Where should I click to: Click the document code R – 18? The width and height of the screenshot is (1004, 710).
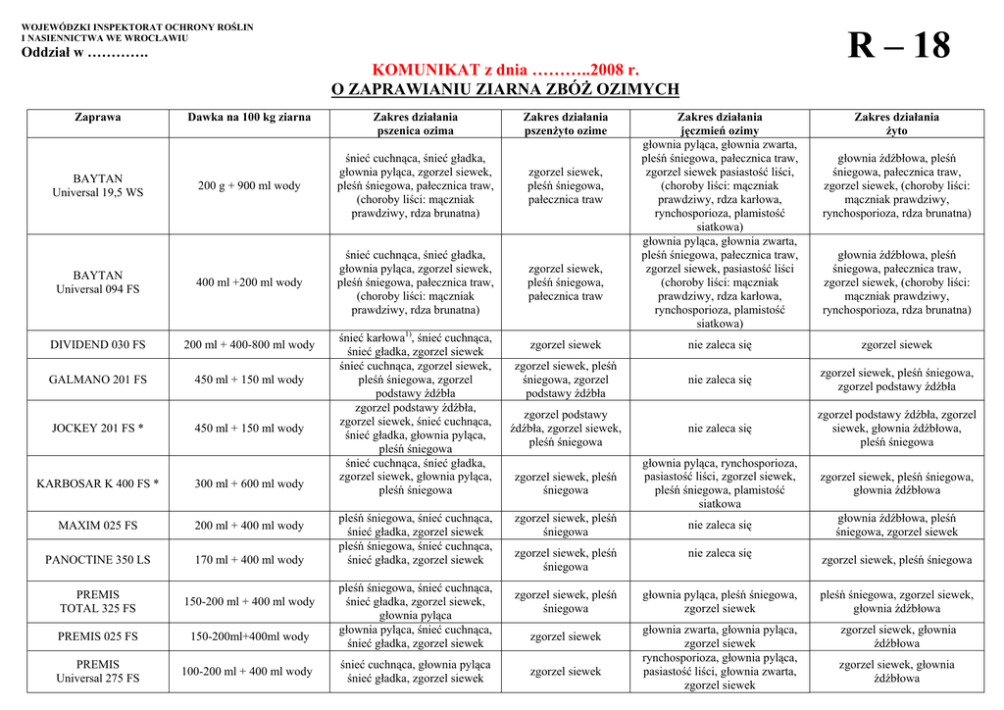coord(898,46)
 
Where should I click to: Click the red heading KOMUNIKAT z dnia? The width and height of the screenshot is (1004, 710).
coord(505,71)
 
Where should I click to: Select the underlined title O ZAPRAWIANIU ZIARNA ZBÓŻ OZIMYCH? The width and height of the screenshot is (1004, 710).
coord(505,89)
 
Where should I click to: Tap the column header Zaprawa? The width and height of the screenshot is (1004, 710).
coord(98,117)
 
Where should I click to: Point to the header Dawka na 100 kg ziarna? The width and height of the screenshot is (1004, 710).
coord(249,117)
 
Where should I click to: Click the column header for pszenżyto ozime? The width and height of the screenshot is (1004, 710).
coord(565,124)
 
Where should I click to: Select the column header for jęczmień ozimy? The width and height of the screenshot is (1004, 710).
coord(720,124)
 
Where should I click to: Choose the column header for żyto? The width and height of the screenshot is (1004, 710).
coord(896,124)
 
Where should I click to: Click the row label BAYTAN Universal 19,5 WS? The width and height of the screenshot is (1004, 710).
coord(98,185)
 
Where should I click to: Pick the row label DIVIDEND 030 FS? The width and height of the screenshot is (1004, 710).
coord(98,345)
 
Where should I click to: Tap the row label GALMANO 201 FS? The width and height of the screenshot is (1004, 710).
coord(98,380)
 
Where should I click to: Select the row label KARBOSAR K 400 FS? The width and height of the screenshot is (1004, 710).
coord(98,483)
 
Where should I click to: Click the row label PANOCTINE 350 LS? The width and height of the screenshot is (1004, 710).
coord(98,560)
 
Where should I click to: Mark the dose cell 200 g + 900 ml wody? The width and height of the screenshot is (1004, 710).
coord(249,185)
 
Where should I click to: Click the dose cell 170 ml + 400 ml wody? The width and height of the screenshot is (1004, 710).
coord(249,560)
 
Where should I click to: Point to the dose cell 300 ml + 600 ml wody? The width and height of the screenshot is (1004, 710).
coord(249,483)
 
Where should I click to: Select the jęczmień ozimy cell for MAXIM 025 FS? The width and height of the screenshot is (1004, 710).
coord(720,526)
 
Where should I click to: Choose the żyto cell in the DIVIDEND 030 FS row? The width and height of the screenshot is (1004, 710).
coord(896,345)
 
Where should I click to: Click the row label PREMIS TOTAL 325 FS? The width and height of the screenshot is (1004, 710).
coord(98,601)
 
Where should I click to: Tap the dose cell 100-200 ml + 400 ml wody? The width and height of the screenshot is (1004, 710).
coord(249,672)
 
